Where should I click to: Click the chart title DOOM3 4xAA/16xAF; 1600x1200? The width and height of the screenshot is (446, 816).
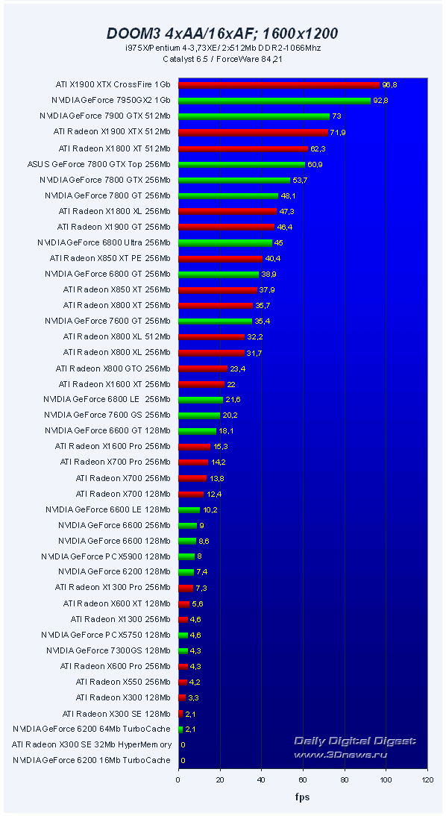click(222, 33)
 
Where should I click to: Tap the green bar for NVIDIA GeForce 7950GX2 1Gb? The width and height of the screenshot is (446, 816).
click(274, 101)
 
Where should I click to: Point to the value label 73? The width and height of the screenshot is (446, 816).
click(336, 116)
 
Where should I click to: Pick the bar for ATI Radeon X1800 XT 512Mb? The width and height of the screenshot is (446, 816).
click(243, 148)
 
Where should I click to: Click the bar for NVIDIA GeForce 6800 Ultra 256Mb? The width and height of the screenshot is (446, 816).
click(225, 242)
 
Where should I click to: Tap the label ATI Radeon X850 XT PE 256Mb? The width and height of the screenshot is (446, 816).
click(110, 258)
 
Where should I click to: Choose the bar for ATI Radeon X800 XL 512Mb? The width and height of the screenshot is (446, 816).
click(212, 337)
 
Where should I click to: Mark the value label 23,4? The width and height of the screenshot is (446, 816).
click(238, 368)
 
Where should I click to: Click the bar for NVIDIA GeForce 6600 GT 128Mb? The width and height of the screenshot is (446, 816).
click(197, 431)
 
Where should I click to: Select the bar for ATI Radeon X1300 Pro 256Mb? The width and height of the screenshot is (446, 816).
click(186, 588)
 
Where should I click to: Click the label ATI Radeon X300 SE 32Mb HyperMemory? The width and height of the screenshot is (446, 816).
click(91, 744)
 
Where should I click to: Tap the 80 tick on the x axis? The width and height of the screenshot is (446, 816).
click(344, 779)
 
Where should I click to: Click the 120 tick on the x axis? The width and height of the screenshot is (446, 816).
click(427, 779)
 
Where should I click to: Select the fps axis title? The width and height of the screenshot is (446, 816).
click(302, 797)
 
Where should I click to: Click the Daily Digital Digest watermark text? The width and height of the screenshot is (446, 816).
click(355, 741)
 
